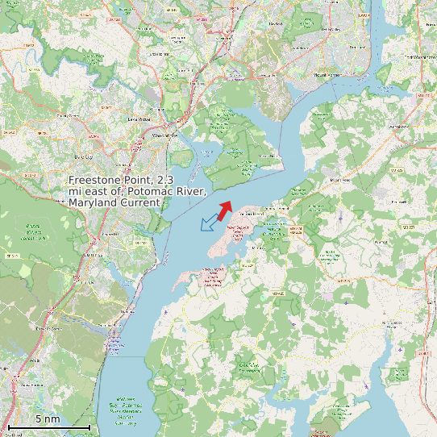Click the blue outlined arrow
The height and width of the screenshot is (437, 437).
point(208,221)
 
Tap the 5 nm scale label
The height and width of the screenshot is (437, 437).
point(47,418)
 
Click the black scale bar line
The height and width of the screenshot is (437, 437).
point(48,427)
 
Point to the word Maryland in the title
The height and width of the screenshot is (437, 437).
point(93,203)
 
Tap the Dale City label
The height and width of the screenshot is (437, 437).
point(84,156)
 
